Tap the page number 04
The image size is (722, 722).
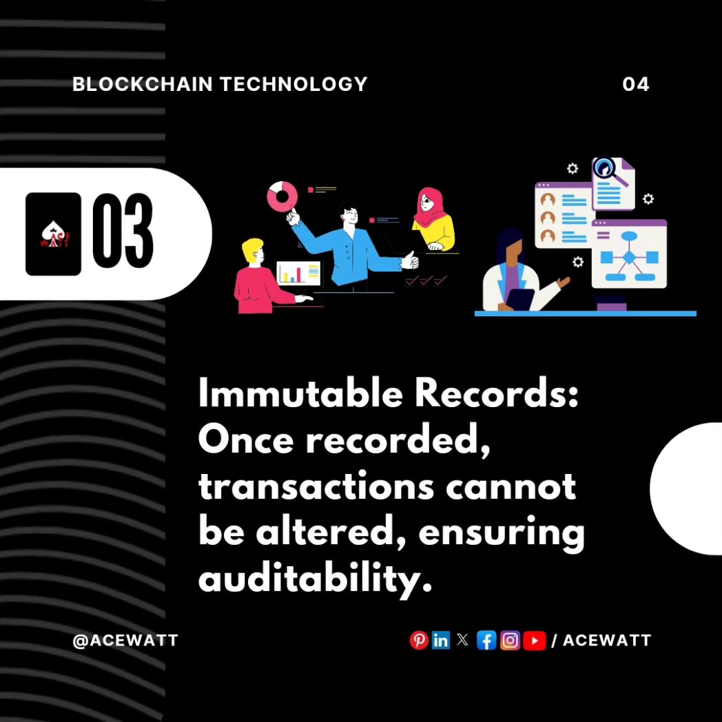[635, 84]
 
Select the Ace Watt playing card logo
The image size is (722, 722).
[53, 234]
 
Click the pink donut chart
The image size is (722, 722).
[281, 196]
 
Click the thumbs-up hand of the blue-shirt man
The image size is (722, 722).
[411, 260]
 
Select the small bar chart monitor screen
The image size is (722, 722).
[299, 274]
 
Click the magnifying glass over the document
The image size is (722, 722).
[608, 169]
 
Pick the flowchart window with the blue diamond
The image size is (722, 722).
[629, 255]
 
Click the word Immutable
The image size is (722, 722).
[285, 395]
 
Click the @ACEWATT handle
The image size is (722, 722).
[125, 640]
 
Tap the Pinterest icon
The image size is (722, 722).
[418, 641]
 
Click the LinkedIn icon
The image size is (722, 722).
[440, 641]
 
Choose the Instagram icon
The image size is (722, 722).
[510, 641]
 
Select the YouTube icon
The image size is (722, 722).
[534, 641]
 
